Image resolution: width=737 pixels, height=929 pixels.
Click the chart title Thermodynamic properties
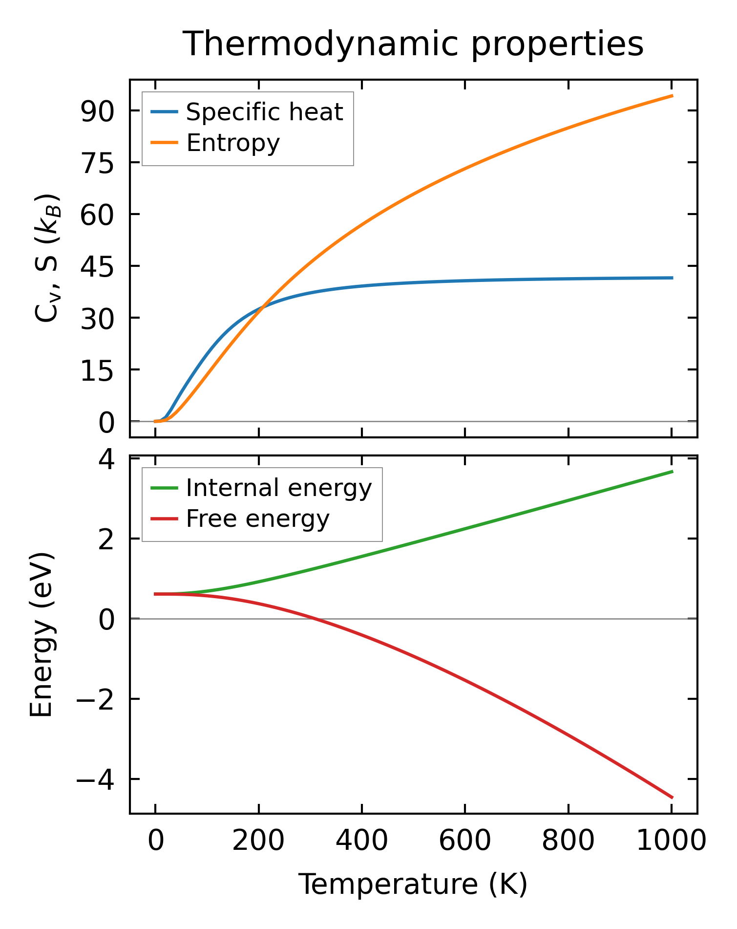coord(413,44)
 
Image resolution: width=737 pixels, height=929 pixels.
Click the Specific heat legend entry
coord(264,112)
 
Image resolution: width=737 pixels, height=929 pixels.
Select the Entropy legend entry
coord(233,143)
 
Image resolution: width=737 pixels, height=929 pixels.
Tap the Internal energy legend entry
coord(278,488)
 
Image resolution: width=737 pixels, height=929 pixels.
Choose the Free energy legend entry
coord(257,519)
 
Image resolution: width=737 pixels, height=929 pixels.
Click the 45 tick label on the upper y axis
coord(97,267)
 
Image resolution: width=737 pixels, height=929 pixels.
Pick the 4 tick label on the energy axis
coord(106,459)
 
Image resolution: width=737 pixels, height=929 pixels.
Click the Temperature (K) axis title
coord(413,884)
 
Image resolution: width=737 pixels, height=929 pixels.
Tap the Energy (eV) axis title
coord(41,634)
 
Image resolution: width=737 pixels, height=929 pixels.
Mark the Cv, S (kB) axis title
coord(47,258)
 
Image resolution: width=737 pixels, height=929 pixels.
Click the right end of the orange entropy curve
coord(672,96)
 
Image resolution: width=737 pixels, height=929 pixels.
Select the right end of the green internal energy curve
coord(672,472)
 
